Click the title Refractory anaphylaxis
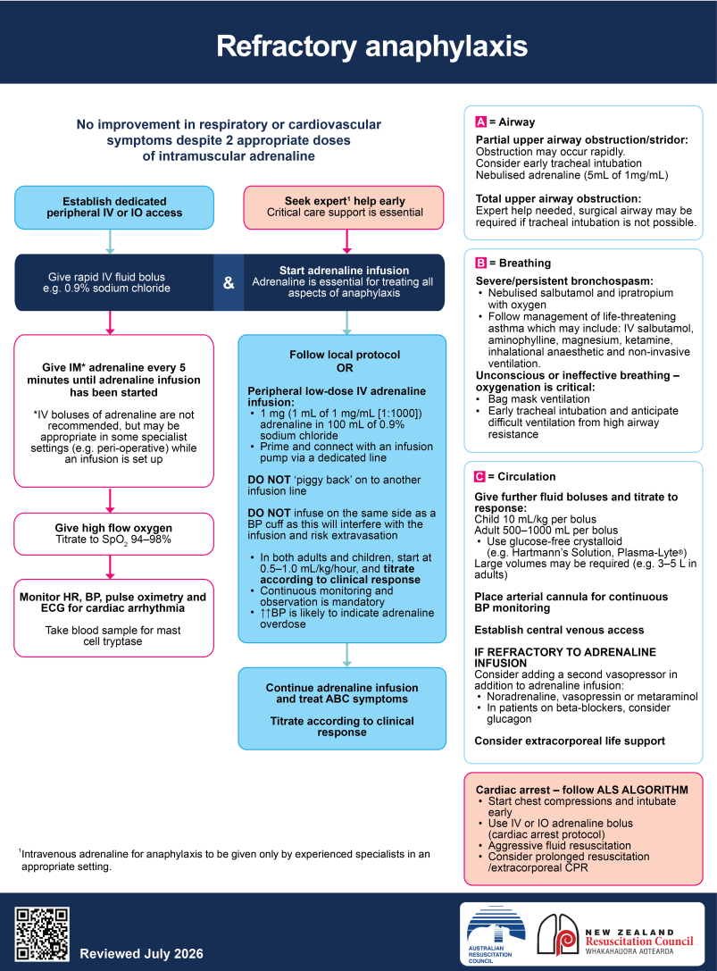[x=371, y=46]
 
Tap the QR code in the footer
[x=42, y=933]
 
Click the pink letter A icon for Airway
[x=481, y=122]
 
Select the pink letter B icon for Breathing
[x=481, y=263]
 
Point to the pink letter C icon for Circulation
[x=479, y=476]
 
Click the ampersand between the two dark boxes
[x=229, y=282]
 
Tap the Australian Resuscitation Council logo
[x=496, y=934]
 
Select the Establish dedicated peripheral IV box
[x=114, y=207]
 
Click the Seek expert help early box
[x=345, y=207]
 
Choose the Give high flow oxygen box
[x=114, y=534]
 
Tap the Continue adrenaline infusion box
[x=342, y=708]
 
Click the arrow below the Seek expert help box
[x=346, y=241]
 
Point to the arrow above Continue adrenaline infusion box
[x=346, y=655]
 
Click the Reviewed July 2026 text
[x=141, y=954]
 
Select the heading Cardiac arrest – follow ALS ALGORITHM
[x=582, y=790]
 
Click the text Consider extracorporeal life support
[x=570, y=741]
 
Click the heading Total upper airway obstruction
[x=558, y=199]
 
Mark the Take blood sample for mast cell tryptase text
[x=113, y=635]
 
